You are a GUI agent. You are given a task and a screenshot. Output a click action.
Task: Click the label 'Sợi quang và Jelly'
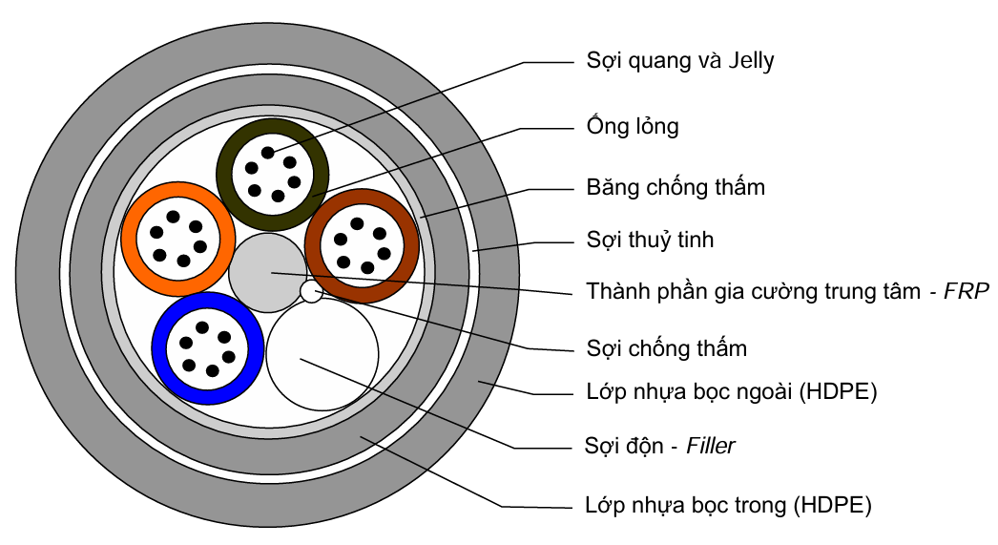[680, 62]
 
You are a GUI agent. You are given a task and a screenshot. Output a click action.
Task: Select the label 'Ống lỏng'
[633, 126]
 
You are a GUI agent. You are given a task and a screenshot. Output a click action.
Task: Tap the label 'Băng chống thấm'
[676, 187]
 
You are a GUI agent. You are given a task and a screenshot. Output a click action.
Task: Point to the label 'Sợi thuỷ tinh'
[650, 240]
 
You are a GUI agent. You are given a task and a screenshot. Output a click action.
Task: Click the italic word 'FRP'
[967, 290]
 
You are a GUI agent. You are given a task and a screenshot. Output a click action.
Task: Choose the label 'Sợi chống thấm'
[666, 347]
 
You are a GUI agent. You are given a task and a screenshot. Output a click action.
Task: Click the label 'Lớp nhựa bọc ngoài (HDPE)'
[731, 390]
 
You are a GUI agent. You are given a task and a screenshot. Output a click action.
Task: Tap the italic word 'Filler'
[711, 446]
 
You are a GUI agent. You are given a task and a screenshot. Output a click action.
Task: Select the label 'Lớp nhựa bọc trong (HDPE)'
[728, 505]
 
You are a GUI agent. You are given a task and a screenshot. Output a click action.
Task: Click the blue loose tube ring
[159, 348]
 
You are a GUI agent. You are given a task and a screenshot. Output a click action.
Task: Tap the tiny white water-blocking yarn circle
[311, 291]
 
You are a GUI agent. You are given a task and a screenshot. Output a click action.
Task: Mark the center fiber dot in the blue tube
[205, 347]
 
